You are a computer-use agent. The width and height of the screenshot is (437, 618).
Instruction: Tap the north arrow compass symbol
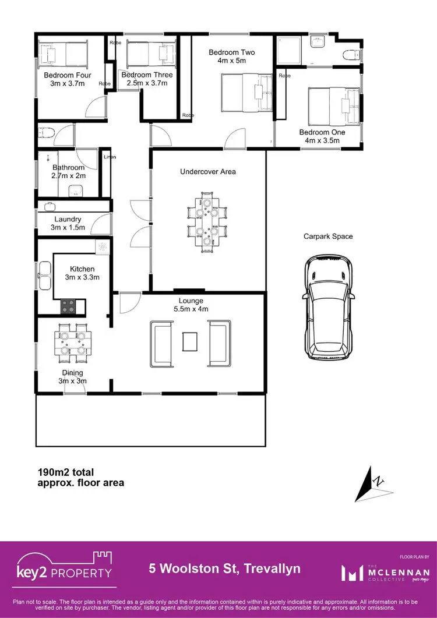click(x=371, y=483)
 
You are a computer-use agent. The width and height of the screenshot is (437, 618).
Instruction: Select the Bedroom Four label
click(x=67, y=75)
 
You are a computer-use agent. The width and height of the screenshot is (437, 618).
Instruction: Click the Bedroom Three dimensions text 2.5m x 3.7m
click(x=147, y=83)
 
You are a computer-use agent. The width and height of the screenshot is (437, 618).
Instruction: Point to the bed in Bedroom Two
click(x=246, y=94)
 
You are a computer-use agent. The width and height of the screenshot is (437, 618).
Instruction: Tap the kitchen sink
click(x=44, y=270)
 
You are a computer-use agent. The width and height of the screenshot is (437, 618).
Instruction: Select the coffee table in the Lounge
click(x=190, y=341)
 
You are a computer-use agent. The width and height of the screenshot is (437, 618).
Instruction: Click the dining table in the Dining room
click(x=73, y=343)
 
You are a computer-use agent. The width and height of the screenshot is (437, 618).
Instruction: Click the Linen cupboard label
click(x=110, y=157)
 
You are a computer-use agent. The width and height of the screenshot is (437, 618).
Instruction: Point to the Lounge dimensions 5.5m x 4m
click(x=191, y=309)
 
